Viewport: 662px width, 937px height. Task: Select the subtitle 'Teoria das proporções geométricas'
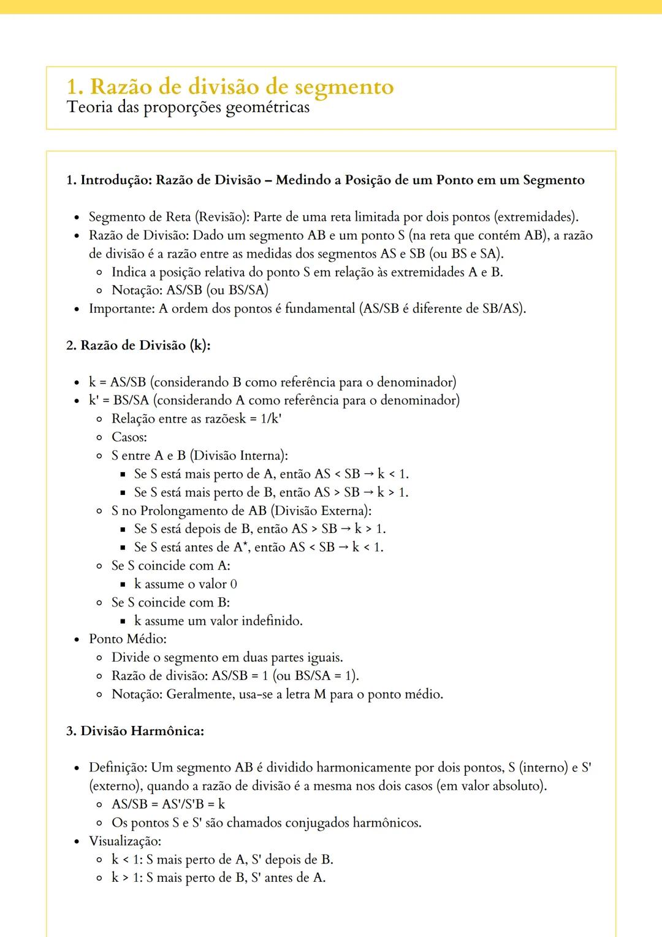point(188,107)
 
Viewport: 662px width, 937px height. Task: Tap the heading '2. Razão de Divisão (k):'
point(138,345)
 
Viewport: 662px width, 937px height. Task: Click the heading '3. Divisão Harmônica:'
point(135,731)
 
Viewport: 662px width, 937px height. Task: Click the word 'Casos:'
point(129,437)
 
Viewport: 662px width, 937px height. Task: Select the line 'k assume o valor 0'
point(186,584)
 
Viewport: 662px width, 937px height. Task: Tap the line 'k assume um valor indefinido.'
point(218,621)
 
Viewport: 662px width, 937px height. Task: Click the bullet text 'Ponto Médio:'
point(127,639)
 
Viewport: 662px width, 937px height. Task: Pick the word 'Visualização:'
point(125,841)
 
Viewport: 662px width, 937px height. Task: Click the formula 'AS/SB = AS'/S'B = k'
point(169,804)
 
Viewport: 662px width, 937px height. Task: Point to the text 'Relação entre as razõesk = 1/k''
point(196,419)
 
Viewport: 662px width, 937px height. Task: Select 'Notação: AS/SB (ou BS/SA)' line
point(190,290)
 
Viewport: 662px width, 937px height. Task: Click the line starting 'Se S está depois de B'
point(260,529)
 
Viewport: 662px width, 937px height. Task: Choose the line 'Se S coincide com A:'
point(171,565)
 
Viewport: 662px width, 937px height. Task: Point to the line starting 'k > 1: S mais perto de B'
point(218,878)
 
